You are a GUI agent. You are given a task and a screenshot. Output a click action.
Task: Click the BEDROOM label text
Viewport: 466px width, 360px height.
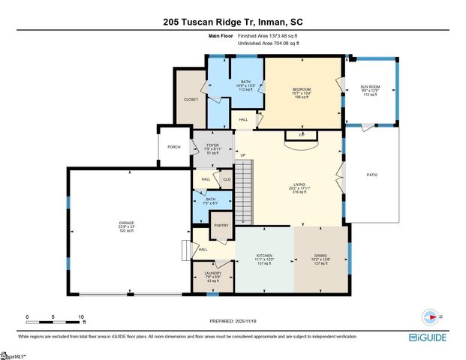(301, 89)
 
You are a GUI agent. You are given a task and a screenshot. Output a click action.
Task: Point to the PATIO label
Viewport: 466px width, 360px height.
(371, 175)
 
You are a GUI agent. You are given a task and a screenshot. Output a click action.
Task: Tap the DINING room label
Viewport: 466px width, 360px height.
(320, 256)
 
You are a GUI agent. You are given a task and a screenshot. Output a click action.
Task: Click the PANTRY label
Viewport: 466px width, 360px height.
(221, 225)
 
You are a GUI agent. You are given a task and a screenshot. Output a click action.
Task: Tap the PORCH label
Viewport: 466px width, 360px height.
(173, 147)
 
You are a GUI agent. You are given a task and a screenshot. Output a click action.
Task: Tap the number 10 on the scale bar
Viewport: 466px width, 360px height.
(82, 316)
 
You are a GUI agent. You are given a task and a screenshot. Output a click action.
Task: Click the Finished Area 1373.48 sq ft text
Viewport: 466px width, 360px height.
(268, 36)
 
